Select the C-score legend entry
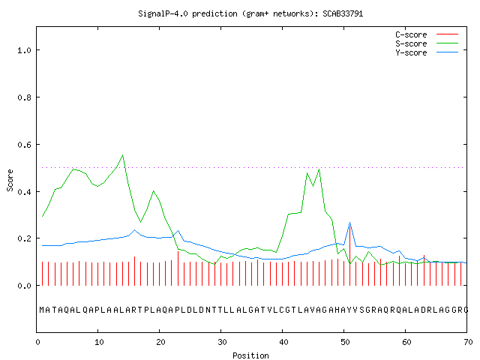click(427, 34)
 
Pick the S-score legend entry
click(427, 43)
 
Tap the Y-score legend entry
click(427, 52)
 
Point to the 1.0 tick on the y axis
click(24, 50)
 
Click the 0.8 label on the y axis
click(24, 97)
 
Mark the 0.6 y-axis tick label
click(24, 145)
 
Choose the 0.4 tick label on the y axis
click(24, 192)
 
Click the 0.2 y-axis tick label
click(24, 238)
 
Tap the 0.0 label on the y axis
click(24, 286)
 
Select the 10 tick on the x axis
click(99, 342)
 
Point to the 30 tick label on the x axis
click(222, 342)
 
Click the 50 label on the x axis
click(345, 342)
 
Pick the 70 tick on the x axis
click(468, 342)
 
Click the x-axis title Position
click(250, 355)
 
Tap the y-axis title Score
click(10, 180)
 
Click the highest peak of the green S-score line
click(123, 155)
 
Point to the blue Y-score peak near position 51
click(350, 223)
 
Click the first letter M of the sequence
click(42, 310)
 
